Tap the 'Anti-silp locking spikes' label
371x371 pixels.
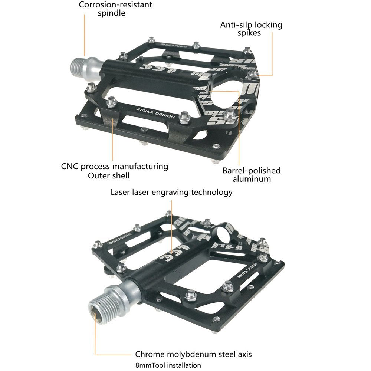pos(251,29)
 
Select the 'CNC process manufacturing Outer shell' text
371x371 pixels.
pos(114,171)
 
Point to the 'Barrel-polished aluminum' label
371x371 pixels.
pos(252,175)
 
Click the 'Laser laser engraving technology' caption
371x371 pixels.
pos(171,192)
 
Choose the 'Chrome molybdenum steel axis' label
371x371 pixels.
pos(193,354)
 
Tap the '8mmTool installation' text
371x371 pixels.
pos(168,365)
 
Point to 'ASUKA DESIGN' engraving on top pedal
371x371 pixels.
pos(155,112)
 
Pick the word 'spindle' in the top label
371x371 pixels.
pos(112,13)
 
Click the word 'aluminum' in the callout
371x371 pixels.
pos(252,179)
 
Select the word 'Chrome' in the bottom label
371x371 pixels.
pos(149,354)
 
